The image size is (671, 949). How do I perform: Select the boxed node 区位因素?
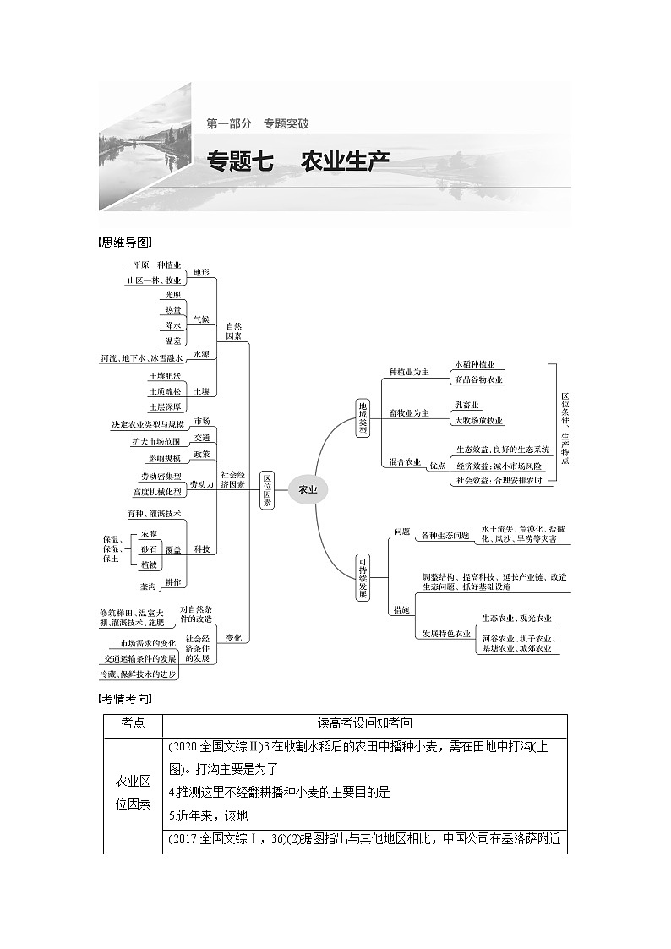click(267, 490)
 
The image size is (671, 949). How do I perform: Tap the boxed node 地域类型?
click(363, 417)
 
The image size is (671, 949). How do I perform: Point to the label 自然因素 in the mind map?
click(233, 330)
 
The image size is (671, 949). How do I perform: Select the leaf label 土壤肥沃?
click(165, 375)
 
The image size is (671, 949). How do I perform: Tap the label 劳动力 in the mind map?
click(201, 484)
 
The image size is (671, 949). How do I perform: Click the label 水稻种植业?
click(474, 364)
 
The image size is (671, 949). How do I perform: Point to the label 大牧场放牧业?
click(478, 420)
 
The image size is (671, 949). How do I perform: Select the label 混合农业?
click(405, 462)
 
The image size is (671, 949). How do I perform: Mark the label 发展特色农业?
click(446, 633)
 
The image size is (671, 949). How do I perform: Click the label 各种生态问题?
click(445, 535)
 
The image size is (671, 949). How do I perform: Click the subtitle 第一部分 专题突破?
click(258, 123)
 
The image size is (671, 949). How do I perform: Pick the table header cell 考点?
click(133, 723)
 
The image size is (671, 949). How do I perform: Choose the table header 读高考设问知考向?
click(365, 723)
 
